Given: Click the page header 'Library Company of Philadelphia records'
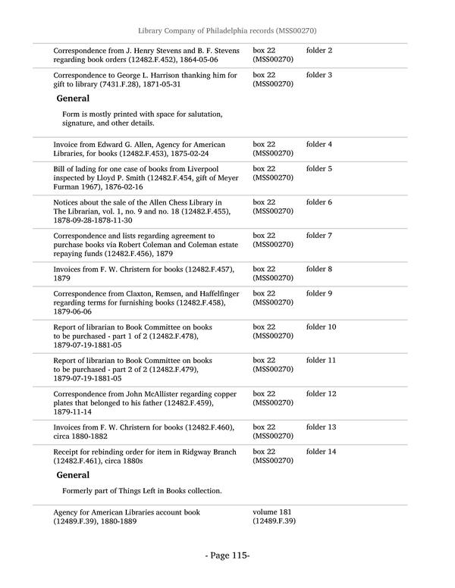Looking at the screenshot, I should (x=227, y=30).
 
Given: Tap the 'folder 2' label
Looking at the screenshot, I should (x=318, y=50).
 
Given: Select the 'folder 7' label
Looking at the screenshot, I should (x=318, y=236).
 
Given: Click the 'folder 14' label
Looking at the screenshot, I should (x=321, y=452).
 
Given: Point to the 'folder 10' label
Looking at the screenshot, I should (x=321, y=327).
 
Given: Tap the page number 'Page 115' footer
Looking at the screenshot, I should (x=227, y=555).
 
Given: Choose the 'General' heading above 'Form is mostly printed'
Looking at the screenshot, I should (x=73, y=99).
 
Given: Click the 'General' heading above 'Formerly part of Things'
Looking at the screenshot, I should (x=73, y=475).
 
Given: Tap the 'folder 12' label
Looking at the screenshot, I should (x=321, y=394).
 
